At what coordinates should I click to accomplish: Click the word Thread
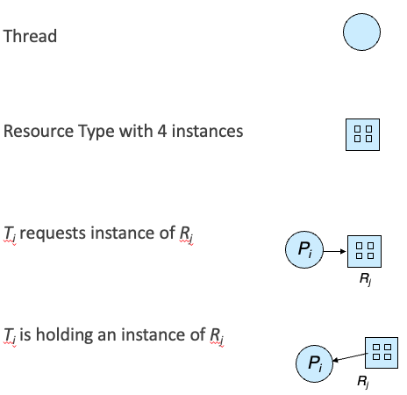pos(30,36)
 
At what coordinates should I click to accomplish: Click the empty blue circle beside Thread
pos(361,32)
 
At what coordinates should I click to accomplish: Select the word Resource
pos(39,131)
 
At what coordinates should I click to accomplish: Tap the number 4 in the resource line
pos(162,131)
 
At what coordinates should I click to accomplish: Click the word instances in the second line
pos(207,131)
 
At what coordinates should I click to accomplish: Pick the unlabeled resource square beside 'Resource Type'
pos(362,134)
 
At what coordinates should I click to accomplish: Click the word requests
pos(54,233)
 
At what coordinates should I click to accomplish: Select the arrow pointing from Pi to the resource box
pos(335,251)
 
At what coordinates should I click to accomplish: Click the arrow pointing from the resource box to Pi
pos(350,357)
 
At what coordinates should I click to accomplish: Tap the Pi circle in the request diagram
pos(304,249)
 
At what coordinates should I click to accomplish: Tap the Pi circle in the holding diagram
pos(314,363)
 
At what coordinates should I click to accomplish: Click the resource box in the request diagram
pos(364,251)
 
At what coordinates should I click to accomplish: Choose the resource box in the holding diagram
pos(382,353)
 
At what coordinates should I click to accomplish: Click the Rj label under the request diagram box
pos(366,279)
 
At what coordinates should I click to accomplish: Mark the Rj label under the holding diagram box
pos(363,382)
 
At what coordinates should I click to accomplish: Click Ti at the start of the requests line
pos(10,234)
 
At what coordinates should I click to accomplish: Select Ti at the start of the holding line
pos(10,335)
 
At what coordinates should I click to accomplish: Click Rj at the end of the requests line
pos(187,234)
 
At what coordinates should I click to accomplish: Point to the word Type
pos(96,132)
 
